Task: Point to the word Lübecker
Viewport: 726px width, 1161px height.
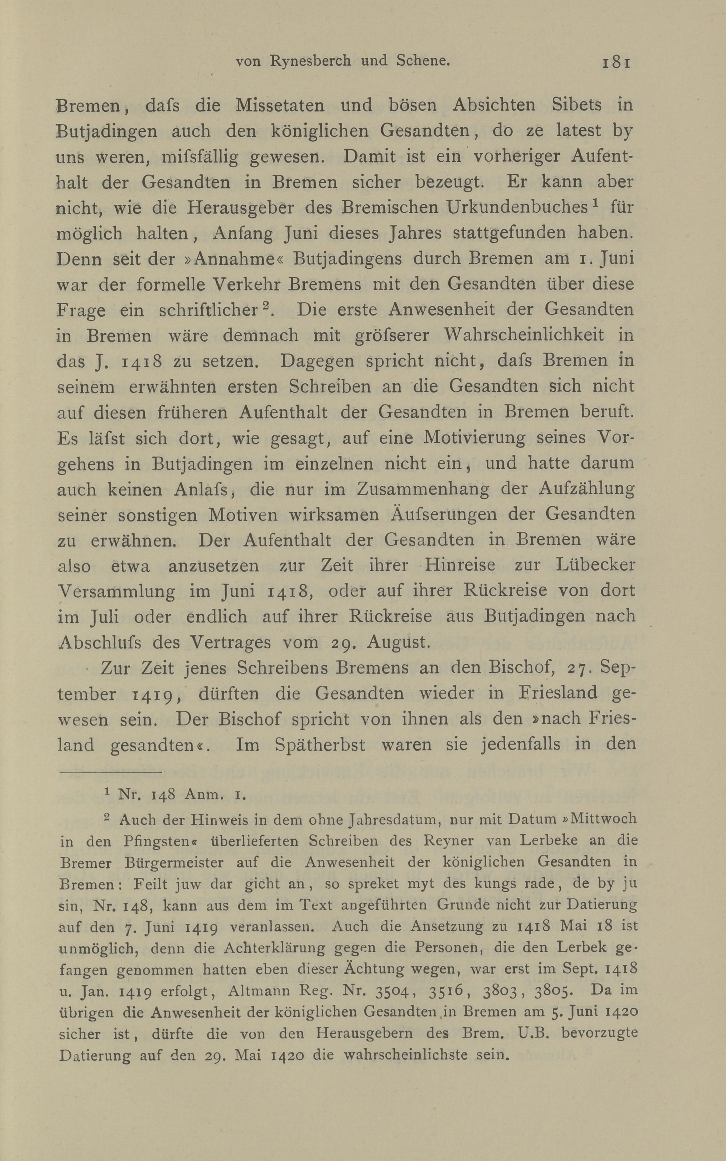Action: coord(595,565)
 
